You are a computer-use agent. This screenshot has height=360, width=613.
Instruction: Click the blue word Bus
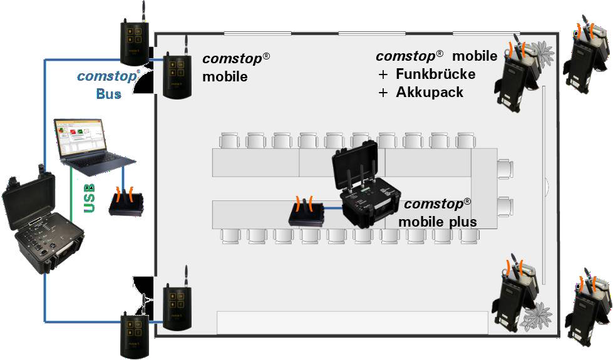tap(109, 95)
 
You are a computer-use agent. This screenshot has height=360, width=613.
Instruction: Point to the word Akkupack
tap(430, 93)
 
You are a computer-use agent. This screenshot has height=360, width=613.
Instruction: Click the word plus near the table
tap(462, 222)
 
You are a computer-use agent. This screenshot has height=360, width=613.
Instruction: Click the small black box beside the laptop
tap(127, 203)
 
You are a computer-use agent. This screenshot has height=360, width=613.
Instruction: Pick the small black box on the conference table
tap(306, 213)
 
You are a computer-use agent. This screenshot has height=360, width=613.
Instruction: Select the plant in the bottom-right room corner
tap(537, 319)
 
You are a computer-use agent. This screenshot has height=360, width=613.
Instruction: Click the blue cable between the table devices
tap(331, 208)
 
